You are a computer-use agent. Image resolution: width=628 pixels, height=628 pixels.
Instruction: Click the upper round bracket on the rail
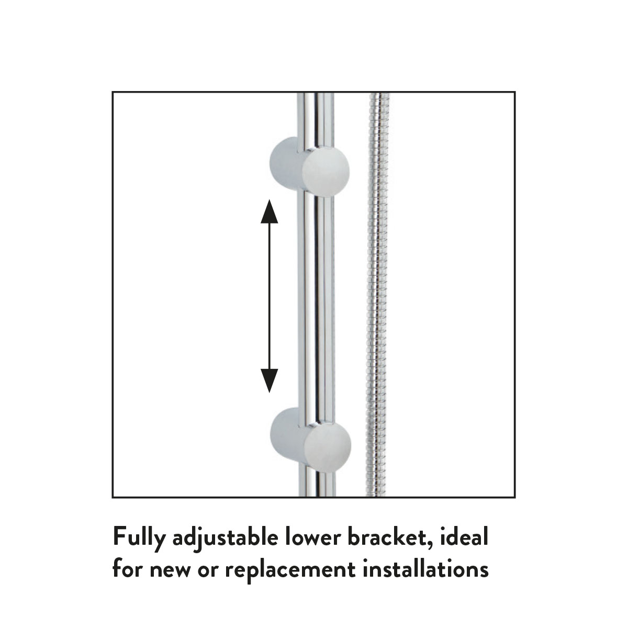point(309,166)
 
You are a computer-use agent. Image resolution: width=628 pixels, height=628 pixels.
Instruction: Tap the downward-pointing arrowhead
point(269,380)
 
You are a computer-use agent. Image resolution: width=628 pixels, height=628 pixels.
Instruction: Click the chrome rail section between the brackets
point(316,304)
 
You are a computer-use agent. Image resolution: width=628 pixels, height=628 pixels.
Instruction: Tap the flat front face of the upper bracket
point(326,171)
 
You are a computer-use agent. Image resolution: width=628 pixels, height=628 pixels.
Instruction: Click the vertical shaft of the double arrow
point(269,296)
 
